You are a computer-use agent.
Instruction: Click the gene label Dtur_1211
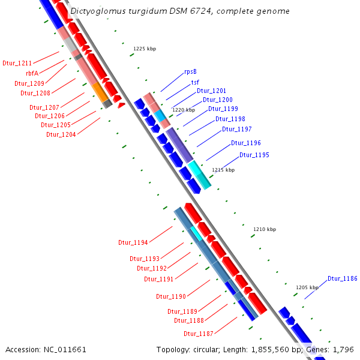(17, 62)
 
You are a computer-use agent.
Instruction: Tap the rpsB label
(191, 71)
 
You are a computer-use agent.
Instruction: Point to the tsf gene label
(196, 82)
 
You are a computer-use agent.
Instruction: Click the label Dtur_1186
(342, 279)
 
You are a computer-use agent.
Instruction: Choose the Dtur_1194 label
(133, 243)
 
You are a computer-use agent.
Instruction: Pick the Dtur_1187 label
(198, 334)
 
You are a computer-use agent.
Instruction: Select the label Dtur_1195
(254, 155)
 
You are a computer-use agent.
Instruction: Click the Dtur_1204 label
(61, 134)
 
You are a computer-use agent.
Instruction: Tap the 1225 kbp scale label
(144, 49)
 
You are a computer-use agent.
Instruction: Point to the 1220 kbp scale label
(184, 110)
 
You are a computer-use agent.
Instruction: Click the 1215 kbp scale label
(223, 170)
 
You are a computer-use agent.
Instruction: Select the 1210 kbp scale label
(264, 229)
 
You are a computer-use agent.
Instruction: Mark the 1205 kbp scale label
(307, 287)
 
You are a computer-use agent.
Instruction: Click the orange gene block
(99, 91)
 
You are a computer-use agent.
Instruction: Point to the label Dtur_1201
(211, 91)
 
